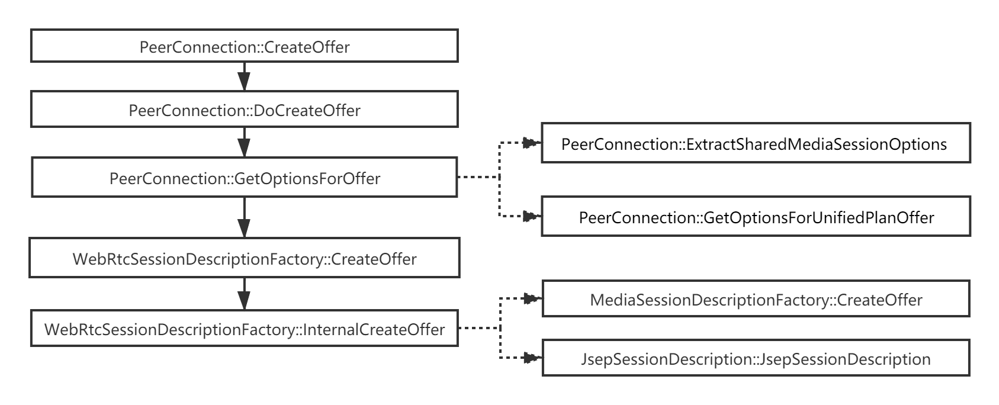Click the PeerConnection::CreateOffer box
pyautogui.click(x=244, y=47)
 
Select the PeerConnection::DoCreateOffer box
pyautogui.click(x=244, y=110)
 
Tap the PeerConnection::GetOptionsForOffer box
pyautogui.click(x=244, y=178)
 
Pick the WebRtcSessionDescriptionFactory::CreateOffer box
pyautogui.click(x=244, y=259)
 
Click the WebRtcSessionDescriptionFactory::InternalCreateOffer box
pyautogui.click(x=244, y=329)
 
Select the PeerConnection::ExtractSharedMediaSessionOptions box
pyautogui.click(x=756, y=144)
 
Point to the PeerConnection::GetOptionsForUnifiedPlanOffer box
pyautogui.click(x=756, y=217)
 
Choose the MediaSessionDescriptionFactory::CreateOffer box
pyautogui.click(x=756, y=300)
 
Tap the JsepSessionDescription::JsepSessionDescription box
pyautogui.click(x=756, y=359)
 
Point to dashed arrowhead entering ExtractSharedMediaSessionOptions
pyautogui.click(x=532, y=144)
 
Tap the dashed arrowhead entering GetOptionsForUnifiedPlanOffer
pyautogui.click(x=532, y=217)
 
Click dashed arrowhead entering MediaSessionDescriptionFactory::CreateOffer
pyautogui.click(x=532, y=300)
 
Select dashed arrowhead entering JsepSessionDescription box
pyautogui.click(x=532, y=359)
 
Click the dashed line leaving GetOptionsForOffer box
pyautogui.click(x=478, y=178)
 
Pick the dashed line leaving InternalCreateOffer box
pyautogui.click(x=478, y=329)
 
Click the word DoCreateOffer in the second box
pyautogui.click(x=307, y=110)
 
